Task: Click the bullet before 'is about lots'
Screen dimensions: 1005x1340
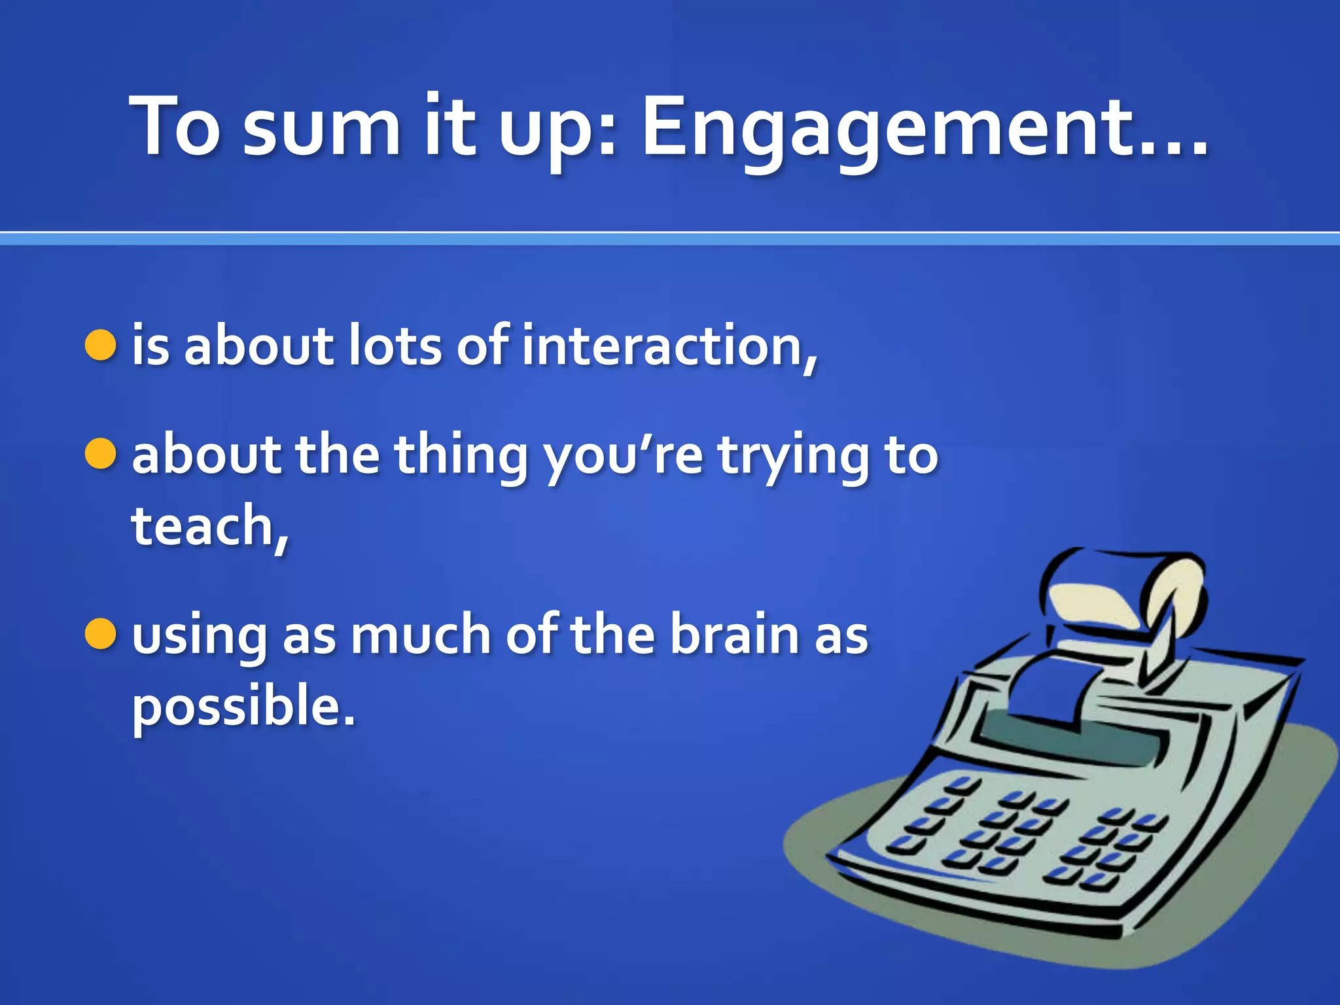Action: (101, 345)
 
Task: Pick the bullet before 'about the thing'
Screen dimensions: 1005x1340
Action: (101, 454)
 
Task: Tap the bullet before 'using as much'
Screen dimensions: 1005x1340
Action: (101, 633)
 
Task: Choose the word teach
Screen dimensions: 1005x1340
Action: (206, 526)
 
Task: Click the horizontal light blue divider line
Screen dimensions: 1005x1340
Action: (670, 239)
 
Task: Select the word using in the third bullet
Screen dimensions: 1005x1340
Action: (199, 636)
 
